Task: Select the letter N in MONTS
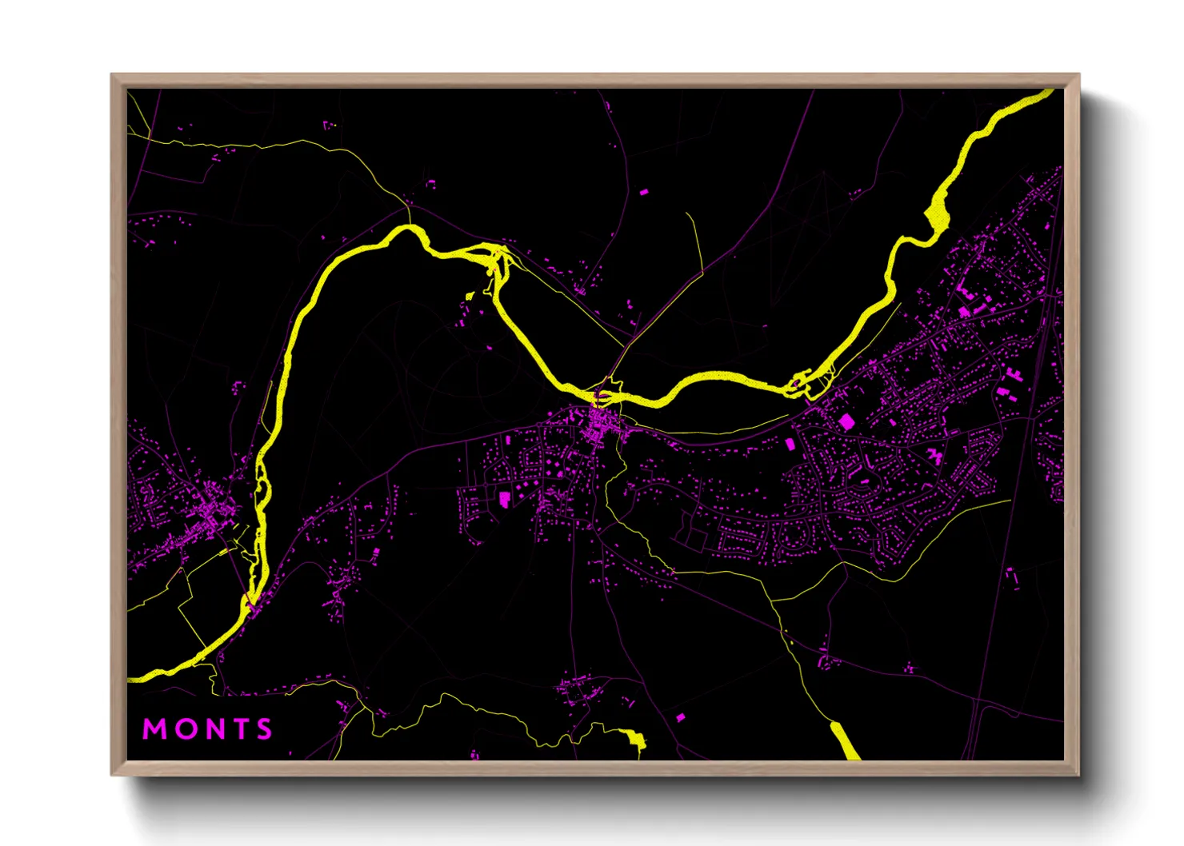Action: tap(211, 729)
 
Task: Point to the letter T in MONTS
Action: tap(238, 729)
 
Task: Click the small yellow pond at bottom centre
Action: tap(636, 739)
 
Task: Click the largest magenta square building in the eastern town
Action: tap(846, 421)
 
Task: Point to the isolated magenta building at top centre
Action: tap(644, 192)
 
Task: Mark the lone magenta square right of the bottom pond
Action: tap(681, 717)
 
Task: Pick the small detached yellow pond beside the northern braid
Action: tap(470, 297)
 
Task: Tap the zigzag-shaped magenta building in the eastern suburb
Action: tap(934, 456)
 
